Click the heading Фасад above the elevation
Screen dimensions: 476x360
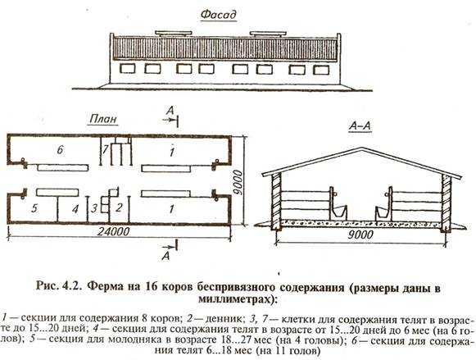pyautogui.click(x=218, y=14)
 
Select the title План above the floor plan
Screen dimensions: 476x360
pyautogui.click(x=103, y=118)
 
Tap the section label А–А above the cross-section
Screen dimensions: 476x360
pyautogui.click(x=360, y=125)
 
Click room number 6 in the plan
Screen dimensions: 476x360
pyautogui.click(x=61, y=150)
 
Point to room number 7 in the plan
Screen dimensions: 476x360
pyautogui.click(x=105, y=150)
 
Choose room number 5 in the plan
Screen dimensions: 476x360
pyautogui.click(x=34, y=208)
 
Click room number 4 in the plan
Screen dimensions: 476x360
pyautogui.click(x=75, y=209)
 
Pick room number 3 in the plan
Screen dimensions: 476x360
pyautogui.click(x=94, y=208)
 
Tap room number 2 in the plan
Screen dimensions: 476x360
pyautogui.click(x=119, y=207)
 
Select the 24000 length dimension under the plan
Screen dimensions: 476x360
pyautogui.click(x=114, y=231)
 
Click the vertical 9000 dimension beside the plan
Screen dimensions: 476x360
pyautogui.click(x=238, y=183)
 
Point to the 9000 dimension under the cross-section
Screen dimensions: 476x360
pyautogui.click(x=360, y=235)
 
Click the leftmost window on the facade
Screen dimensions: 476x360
pyautogui.click(x=127, y=68)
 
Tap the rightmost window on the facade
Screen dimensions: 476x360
pyautogui.click(x=321, y=70)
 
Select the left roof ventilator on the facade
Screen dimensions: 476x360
pyautogui.click(x=174, y=33)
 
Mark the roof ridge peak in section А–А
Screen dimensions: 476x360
pyautogui.click(x=363, y=148)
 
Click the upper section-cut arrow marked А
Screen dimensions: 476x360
pyautogui.click(x=170, y=120)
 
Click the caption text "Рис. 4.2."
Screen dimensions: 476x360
pyautogui.click(x=59, y=286)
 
